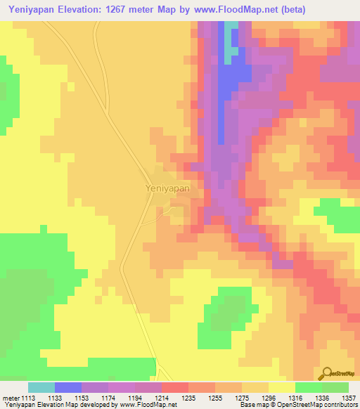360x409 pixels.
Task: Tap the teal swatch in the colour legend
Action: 41,387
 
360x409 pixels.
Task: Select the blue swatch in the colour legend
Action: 68,387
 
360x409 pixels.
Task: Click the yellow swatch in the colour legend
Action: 281,387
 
